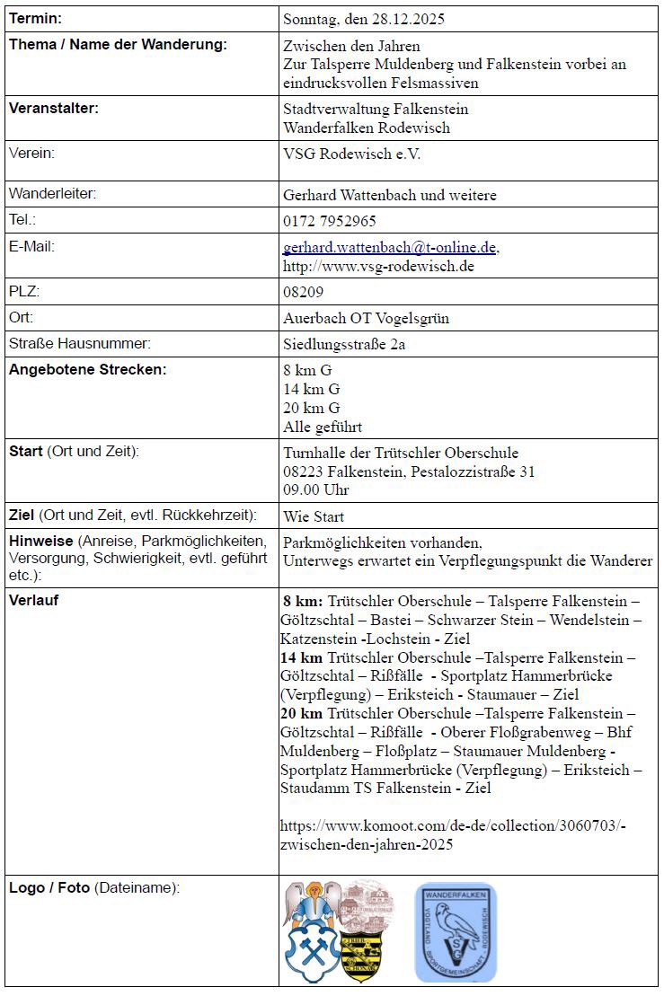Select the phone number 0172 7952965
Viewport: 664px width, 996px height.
coord(329,220)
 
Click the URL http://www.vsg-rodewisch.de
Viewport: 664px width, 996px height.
coord(378,266)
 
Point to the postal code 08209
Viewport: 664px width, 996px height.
coord(303,292)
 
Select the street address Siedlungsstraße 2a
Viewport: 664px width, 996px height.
coord(343,344)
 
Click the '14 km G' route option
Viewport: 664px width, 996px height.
coord(311,389)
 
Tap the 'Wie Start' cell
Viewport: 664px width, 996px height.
coord(314,516)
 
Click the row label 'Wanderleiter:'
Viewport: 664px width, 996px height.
coord(52,193)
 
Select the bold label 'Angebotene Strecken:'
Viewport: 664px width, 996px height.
coord(88,369)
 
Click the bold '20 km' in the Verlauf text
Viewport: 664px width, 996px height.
coord(302,713)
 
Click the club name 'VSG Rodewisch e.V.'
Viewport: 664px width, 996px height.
coord(351,154)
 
